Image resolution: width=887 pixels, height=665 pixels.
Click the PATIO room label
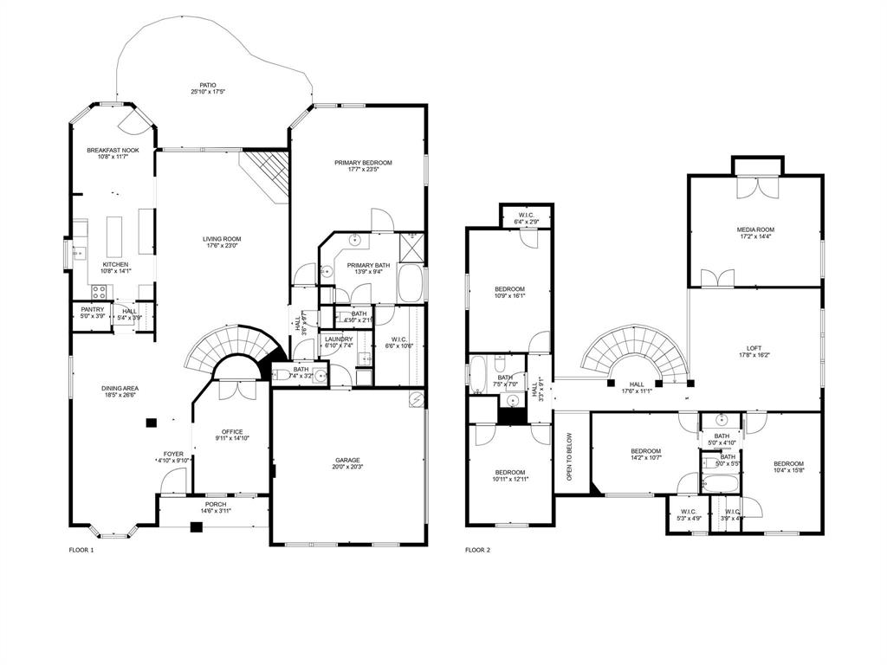coord(208,85)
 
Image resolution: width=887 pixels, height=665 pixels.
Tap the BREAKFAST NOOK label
coord(113,150)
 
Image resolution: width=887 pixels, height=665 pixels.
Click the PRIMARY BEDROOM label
coord(363,163)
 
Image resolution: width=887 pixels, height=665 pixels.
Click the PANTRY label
coord(93,309)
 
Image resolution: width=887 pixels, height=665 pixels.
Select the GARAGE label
coord(348,460)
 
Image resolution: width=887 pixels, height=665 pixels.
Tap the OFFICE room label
coord(231,431)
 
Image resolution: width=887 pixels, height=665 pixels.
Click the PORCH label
coord(216,504)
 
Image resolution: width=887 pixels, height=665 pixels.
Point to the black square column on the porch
coord(196,526)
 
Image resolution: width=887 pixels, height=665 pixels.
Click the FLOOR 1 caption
coord(81,550)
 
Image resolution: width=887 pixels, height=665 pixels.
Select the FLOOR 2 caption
coord(478,550)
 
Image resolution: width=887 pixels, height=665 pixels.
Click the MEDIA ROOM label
coord(754,229)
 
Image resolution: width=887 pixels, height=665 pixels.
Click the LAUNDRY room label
coord(339,339)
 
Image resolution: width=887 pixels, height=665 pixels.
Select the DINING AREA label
coord(120,389)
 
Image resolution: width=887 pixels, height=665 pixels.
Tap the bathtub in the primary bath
coord(410,283)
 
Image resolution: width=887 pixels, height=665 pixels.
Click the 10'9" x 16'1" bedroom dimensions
coord(509,295)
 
